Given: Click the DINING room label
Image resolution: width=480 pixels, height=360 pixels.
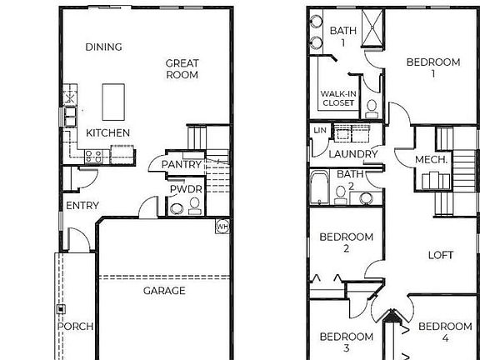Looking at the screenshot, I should [x=103, y=47].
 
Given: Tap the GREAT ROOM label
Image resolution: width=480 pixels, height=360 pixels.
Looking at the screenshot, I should [x=182, y=68].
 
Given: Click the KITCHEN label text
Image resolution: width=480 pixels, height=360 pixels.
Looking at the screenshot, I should [x=107, y=132].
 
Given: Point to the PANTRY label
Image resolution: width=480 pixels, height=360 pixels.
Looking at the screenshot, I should [x=182, y=164].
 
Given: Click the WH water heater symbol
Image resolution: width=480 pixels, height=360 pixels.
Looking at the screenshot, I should [x=222, y=225].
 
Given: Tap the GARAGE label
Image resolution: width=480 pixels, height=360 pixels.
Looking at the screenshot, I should [x=164, y=290].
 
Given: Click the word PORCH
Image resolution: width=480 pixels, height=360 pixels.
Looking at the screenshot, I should [x=76, y=326].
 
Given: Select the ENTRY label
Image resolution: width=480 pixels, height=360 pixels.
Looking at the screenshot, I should [x=82, y=205].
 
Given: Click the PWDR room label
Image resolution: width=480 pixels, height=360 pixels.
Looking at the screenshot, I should [x=183, y=189].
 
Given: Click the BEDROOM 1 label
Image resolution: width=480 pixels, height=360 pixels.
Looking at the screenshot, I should [x=432, y=67].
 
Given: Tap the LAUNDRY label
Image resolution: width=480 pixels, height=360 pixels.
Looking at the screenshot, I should [x=353, y=154].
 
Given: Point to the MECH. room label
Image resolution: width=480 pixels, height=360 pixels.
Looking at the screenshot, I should [x=432, y=159].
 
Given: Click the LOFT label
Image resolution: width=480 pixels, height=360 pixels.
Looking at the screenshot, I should [x=441, y=255].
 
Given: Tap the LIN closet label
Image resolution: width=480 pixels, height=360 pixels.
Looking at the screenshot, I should [x=319, y=132].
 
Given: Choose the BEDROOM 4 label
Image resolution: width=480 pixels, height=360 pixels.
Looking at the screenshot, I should [x=444, y=332].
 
